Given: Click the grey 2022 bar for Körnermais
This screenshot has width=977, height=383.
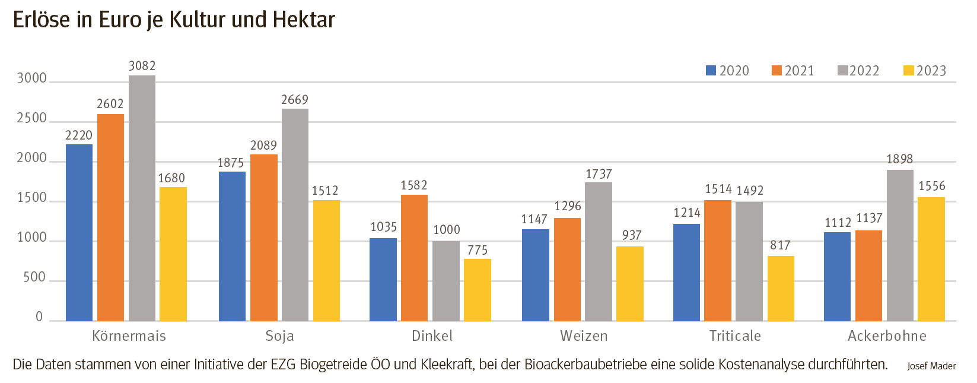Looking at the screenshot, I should click(x=142, y=199).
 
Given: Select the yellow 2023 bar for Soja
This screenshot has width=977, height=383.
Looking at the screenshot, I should click(x=326, y=261).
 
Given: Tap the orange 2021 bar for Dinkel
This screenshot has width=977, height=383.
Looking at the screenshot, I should click(x=414, y=258).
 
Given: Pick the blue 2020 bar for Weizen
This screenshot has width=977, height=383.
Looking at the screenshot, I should click(x=535, y=276).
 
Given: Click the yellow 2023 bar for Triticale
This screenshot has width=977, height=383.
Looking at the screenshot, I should click(x=781, y=289).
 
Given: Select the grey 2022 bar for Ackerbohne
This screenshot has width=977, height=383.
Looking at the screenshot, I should click(x=900, y=246).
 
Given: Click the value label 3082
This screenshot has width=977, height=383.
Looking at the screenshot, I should click(x=142, y=66).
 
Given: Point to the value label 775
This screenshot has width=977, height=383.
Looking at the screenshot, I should click(x=478, y=250).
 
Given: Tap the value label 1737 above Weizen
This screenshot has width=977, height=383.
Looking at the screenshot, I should click(x=599, y=174).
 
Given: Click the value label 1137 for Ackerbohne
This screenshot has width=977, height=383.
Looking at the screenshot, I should click(x=869, y=219).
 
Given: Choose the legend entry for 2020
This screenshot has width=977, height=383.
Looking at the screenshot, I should click(x=727, y=71).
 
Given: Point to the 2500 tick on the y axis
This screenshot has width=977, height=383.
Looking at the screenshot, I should click(x=31, y=118).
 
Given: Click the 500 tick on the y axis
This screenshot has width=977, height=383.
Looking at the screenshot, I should click(x=34, y=277).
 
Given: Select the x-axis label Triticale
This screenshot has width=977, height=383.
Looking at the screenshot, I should click(x=735, y=336).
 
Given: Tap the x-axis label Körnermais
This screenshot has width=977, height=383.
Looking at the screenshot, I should click(x=129, y=336).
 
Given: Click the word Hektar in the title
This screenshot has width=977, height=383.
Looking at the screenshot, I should click(x=304, y=20).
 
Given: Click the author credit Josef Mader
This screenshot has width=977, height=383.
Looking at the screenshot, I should click(x=931, y=366).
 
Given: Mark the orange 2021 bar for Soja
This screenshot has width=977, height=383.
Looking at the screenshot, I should click(x=263, y=238).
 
